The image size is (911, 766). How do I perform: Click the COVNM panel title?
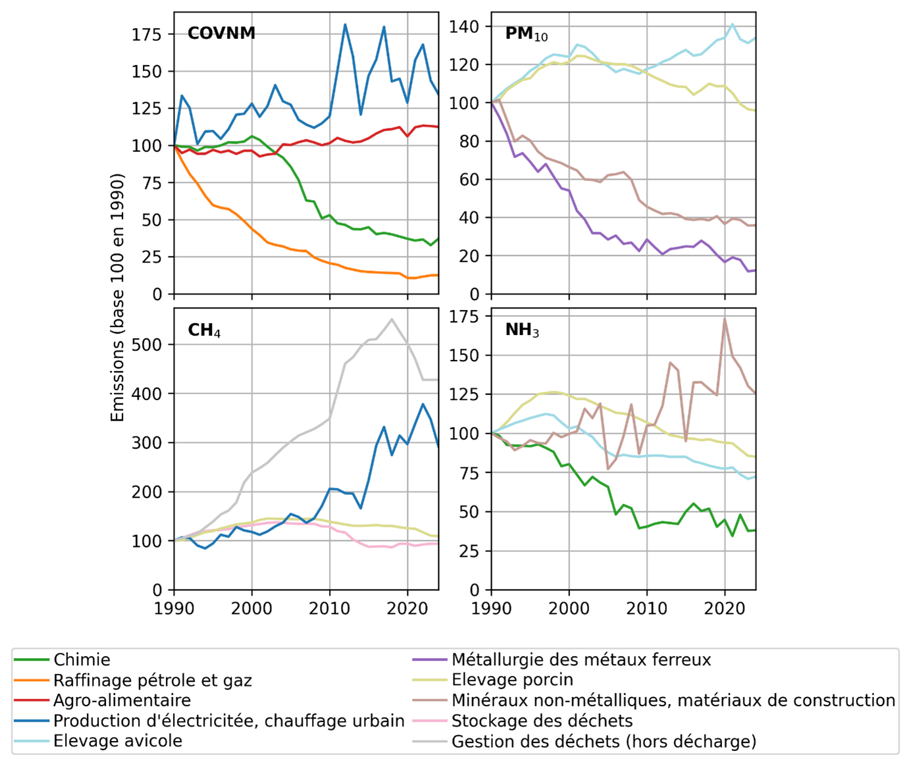tap(221, 33)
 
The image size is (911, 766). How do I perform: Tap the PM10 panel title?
tap(526, 34)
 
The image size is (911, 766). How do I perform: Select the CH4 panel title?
tap(204, 330)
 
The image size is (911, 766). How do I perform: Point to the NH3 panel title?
tap(522, 330)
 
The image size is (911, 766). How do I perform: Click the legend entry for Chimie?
tap(82, 660)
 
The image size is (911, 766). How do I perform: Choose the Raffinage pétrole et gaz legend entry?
tap(152, 680)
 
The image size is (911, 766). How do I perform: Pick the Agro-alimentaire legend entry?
tap(122, 700)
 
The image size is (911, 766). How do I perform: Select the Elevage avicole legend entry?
tap(117, 741)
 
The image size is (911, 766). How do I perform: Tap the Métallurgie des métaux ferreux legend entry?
tap(581, 660)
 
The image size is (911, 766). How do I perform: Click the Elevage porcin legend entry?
tap(512, 680)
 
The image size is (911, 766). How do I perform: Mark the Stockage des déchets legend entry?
tap(542, 721)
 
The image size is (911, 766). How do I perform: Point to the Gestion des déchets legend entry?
tap(604, 742)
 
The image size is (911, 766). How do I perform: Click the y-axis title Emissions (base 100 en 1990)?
tap(118, 297)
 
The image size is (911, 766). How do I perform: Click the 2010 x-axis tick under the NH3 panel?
tap(647, 607)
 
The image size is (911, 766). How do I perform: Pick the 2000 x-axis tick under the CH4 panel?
tap(251, 607)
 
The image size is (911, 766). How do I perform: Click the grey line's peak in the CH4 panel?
tap(392, 320)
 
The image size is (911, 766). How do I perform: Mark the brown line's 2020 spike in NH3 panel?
tap(725, 319)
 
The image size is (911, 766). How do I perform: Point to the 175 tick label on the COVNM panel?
tap(146, 34)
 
